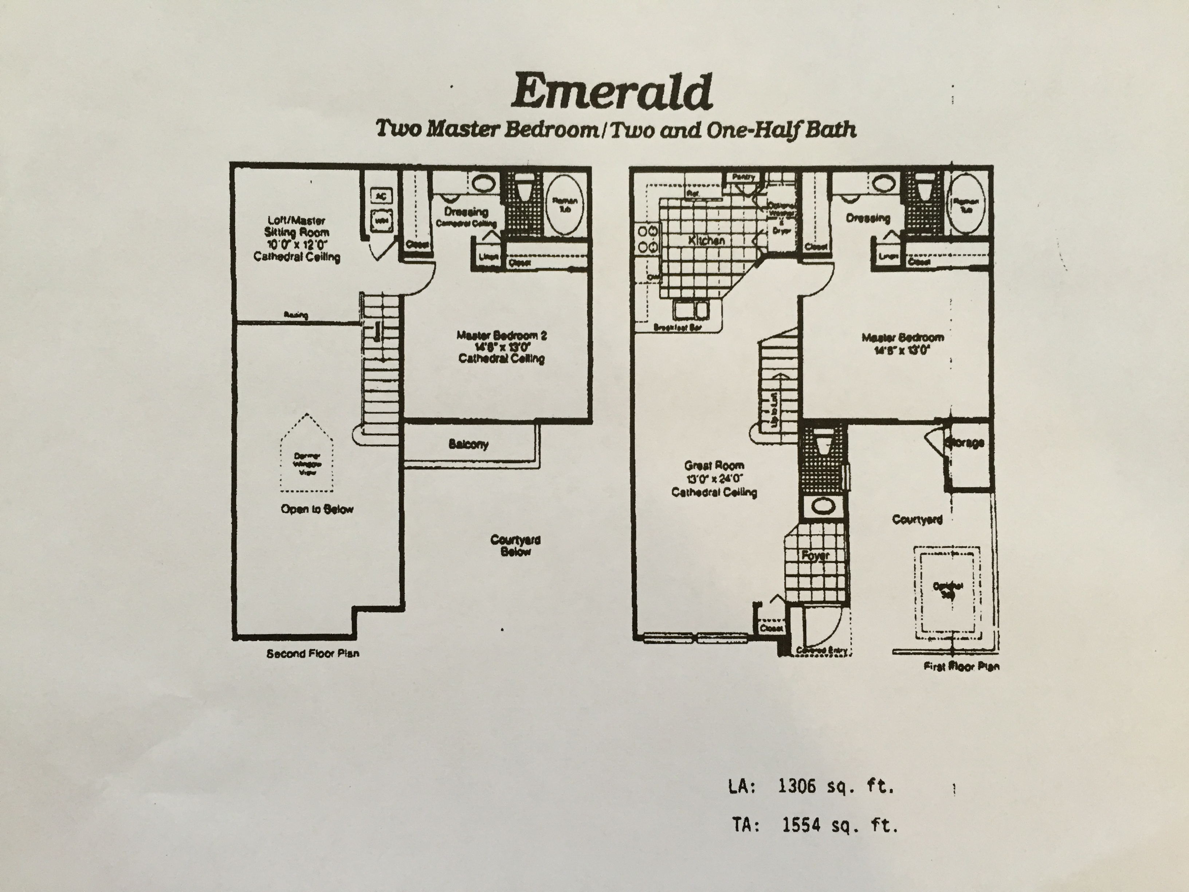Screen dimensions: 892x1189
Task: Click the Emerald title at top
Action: click(611, 93)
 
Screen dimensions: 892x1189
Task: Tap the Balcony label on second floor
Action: click(468, 444)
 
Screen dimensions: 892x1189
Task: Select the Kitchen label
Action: click(706, 240)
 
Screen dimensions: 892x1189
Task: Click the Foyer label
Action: click(815, 555)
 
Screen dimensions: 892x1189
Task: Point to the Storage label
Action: click(965, 442)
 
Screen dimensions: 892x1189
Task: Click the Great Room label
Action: click(714, 466)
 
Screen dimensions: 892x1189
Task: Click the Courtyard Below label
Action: click(515, 545)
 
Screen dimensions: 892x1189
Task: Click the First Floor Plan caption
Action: click(961, 666)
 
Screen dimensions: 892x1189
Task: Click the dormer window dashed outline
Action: click(306, 453)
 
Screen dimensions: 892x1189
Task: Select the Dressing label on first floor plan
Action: click(868, 218)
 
